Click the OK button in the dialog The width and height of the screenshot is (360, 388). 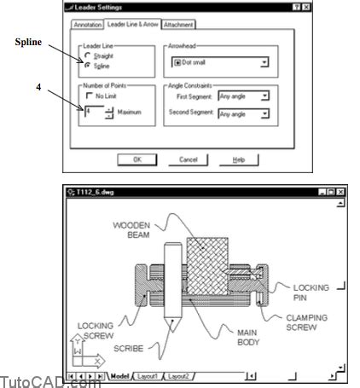(136, 159)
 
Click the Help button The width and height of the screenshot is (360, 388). (239, 159)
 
